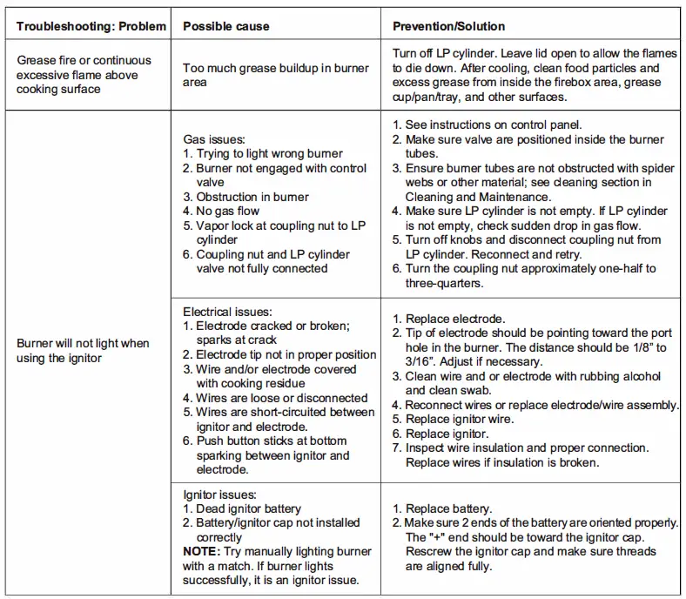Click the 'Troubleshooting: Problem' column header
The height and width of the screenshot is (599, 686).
click(91, 26)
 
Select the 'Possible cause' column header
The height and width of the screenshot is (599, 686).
click(225, 26)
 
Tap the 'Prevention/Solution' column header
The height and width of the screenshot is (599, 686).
click(449, 26)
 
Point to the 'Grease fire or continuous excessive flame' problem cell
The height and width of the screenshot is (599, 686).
click(84, 75)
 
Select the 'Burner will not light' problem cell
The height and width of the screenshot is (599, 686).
click(83, 351)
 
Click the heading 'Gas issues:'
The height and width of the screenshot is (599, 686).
click(214, 138)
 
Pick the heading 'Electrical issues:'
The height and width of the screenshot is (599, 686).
click(227, 312)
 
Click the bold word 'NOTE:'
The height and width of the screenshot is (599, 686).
click(202, 552)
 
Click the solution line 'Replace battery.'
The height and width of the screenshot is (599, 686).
click(448, 508)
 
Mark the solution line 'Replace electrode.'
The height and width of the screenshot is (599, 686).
click(454, 319)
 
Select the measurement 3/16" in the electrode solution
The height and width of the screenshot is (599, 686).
click(420, 361)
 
